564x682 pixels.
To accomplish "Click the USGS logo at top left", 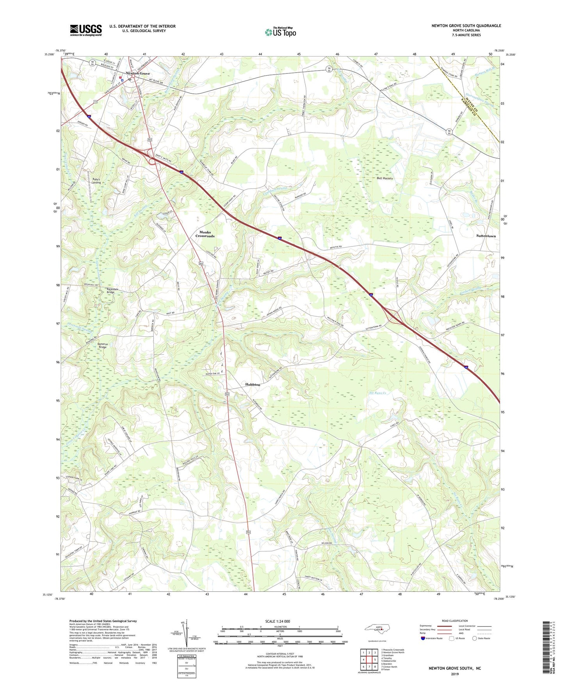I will tap(85, 30).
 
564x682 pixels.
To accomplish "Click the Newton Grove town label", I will tap(137, 73).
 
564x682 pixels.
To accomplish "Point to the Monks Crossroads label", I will tap(205, 234).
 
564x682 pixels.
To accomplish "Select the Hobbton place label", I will tap(253, 385).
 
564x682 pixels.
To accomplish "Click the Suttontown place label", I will tap(486, 236).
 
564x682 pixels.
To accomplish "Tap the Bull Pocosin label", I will tap(385, 179).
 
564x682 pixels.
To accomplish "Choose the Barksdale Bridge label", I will tap(111, 291).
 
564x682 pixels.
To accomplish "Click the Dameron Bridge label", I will tap(103, 346).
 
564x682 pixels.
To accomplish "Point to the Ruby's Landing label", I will tap(96, 181).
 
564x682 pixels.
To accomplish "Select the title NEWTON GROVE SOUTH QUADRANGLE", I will tap(466, 26).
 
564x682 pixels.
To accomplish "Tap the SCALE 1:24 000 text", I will tap(278, 621).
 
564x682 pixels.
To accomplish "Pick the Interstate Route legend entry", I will tap(432, 638).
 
